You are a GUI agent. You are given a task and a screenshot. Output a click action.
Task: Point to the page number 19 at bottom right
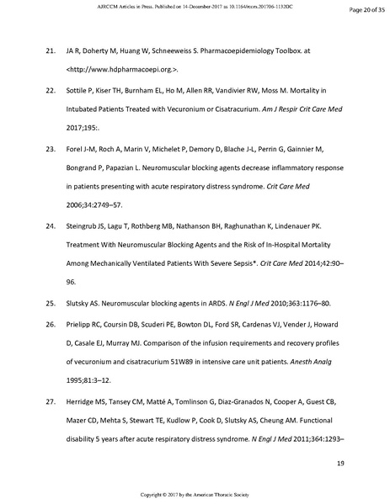tap(340, 464)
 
